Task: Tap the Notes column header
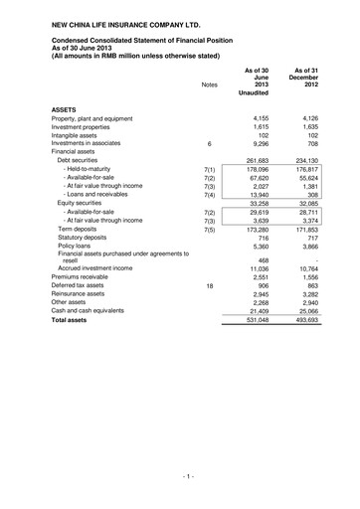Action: point(209,85)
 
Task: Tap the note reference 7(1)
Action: point(209,172)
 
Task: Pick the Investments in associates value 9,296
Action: point(259,144)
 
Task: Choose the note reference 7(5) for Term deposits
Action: point(209,229)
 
